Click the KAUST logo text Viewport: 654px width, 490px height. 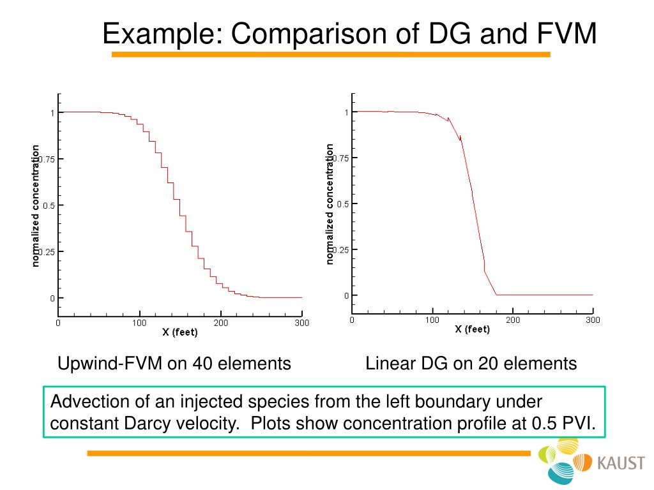621,463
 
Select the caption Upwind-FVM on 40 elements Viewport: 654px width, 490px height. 174,364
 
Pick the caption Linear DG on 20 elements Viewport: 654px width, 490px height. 471,364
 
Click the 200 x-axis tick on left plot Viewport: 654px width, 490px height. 220,323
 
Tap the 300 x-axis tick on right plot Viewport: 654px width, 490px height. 593,320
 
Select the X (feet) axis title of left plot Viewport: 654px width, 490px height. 179,332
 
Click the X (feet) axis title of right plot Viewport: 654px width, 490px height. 472,329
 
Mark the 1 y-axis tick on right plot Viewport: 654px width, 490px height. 347,112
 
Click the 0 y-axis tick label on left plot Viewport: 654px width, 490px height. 53,298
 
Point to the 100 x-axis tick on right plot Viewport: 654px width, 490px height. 432,320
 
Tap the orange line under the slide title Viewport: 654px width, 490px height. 331,55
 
